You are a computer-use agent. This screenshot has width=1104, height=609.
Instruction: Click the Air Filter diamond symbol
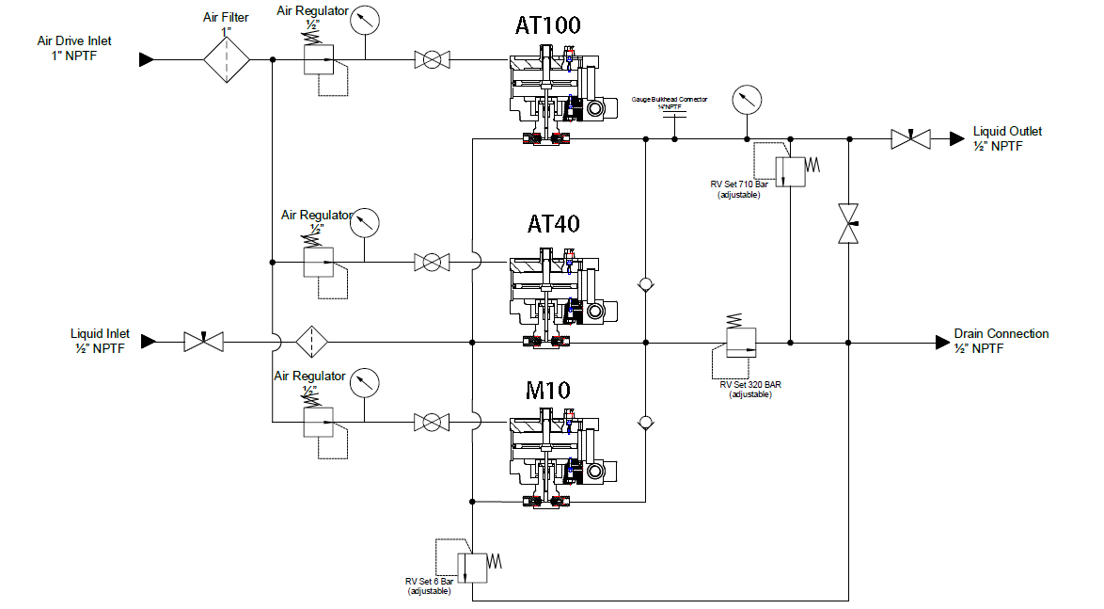tap(227, 60)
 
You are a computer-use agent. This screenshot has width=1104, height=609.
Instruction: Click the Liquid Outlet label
tap(1007, 138)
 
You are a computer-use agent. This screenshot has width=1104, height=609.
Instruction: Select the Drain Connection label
tap(1001, 341)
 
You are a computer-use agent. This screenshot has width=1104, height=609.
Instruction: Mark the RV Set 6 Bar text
tap(429, 586)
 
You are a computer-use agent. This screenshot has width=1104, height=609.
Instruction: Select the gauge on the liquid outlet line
tap(747, 99)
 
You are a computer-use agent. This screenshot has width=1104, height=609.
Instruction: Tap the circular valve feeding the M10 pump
tap(430, 422)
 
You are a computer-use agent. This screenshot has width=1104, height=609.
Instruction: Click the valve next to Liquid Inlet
tap(203, 342)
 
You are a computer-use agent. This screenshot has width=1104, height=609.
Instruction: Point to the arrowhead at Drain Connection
tap(941, 342)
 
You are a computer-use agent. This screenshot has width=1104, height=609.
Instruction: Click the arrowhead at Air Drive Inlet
tap(146, 60)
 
